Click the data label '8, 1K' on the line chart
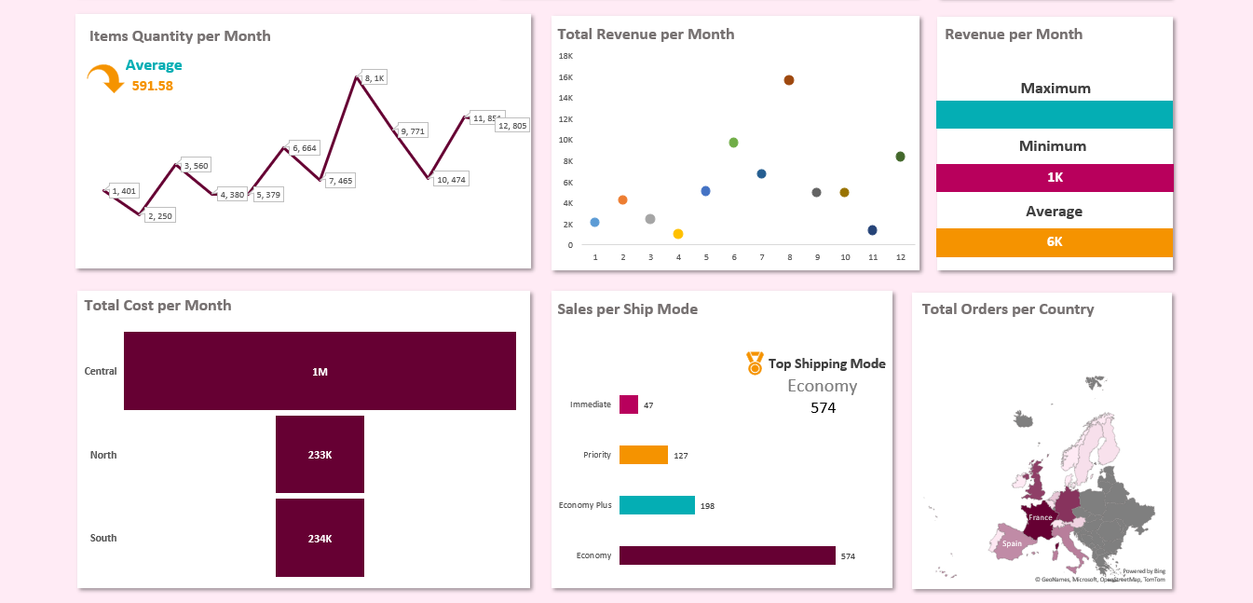point(375,78)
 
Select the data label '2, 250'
point(159,215)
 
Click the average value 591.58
point(152,86)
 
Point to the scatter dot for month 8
point(789,80)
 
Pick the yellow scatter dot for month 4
point(678,234)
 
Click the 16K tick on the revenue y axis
point(565,77)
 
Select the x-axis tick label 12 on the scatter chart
point(900,256)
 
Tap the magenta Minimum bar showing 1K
point(1054,178)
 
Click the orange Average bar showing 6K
point(1054,242)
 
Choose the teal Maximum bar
point(1054,115)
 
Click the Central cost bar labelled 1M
point(320,371)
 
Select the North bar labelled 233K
point(320,455)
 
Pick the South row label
point(103,538)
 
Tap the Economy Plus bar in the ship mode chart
point(657,505)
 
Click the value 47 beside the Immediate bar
point(648,405)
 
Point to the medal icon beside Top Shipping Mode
point(755,363)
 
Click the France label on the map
point(1041,517)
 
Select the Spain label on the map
point(1012,543)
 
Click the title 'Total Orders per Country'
point(1007,309)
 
